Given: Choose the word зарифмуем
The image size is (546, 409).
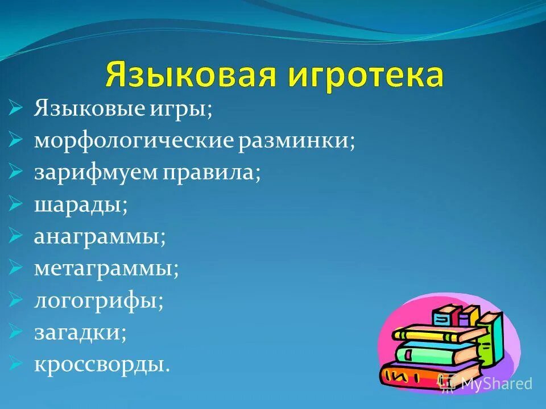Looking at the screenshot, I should tap(96, 172).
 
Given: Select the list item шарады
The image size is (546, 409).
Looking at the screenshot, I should tap(80, 204).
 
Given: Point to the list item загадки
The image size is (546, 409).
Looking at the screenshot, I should tap(80, 331).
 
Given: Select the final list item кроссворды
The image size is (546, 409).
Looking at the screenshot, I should tap(102, 363).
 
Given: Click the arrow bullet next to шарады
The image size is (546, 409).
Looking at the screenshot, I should tap(16, 203).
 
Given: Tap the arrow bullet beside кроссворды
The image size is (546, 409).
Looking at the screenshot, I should tap(16, 362).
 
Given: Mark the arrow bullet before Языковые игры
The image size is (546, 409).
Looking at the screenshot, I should tap(16, 107).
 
